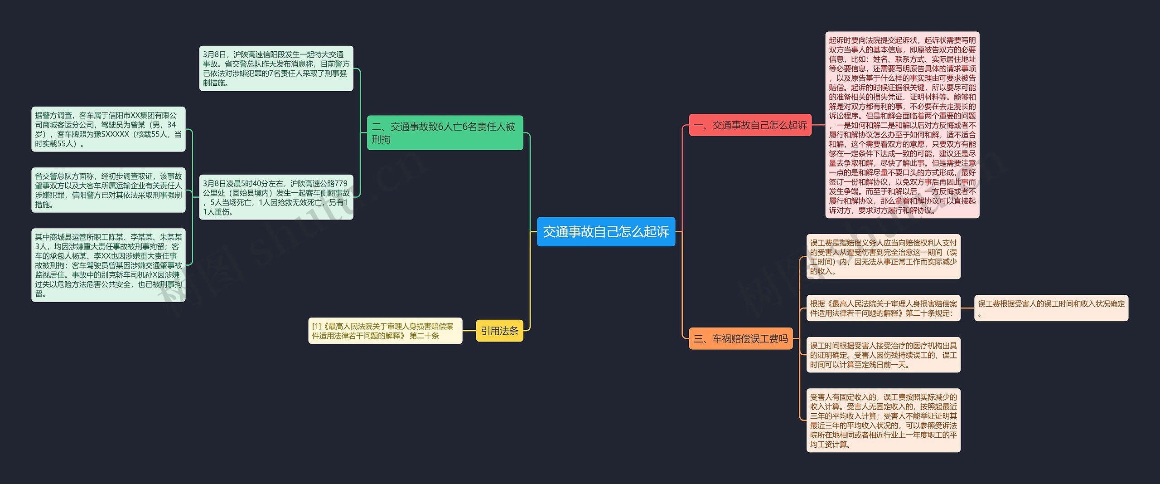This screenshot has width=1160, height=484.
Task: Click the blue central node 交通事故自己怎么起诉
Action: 606,232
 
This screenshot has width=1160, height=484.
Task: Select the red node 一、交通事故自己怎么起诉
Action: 750,125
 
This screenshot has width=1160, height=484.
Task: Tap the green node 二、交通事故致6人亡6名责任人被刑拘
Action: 445,132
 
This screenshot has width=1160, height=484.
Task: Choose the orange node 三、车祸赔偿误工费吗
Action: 740,338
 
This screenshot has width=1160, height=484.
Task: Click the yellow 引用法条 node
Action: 499,331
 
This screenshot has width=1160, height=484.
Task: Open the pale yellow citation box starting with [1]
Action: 385,331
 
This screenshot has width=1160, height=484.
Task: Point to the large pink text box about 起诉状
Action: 902,125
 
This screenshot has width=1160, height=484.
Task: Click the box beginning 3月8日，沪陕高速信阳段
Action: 276,68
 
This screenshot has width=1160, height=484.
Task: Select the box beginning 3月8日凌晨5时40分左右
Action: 276,197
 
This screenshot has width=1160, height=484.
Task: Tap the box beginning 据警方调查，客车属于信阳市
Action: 108,129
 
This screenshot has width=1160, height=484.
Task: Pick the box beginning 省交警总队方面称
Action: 108,190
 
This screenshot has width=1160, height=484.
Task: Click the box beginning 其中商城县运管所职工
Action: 108,265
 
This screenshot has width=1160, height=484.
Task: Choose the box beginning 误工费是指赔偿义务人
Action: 883,257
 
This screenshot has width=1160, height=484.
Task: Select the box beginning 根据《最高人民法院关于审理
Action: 883,308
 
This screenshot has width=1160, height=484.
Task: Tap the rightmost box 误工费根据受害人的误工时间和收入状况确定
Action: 1051,308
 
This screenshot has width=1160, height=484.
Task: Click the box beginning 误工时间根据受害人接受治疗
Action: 883,355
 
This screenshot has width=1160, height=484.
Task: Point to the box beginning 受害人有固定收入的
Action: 883,420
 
